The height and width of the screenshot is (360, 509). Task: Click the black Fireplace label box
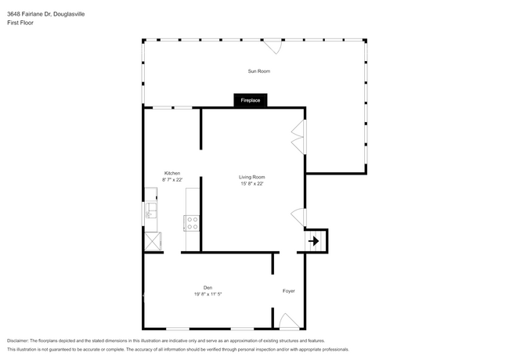(251, 100)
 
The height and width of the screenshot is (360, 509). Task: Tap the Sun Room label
(259, 71)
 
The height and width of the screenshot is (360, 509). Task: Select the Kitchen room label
(172, 173)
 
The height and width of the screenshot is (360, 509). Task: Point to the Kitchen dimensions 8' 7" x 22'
(172, 179)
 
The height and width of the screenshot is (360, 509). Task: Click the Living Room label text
(252, 177)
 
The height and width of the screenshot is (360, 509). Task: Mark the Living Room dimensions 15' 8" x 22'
(252, 184)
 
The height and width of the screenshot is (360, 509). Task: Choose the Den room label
(208, 287)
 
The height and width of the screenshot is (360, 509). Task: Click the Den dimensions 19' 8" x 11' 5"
(208, 294)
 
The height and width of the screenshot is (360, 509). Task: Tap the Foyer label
(289, 291)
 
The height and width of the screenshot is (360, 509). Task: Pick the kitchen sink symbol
(150, 211)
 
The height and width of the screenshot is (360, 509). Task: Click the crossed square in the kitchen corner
(152, 240)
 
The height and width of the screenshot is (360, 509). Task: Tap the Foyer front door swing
(287, 321)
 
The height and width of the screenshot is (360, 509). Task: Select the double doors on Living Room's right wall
(298, 137)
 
